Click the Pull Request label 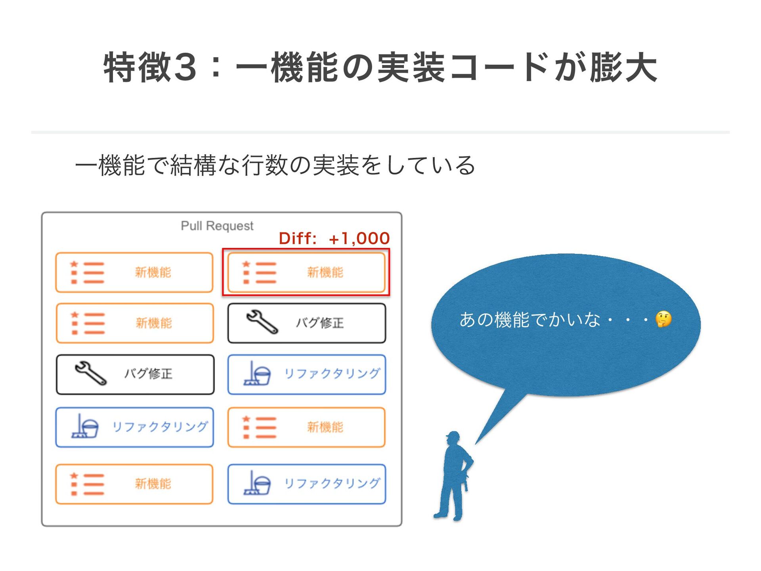coord(217,226)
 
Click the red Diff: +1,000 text coord(334,238)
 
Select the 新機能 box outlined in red coord(306,272)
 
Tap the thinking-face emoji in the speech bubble coord(663,319)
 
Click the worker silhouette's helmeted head coord(453,438)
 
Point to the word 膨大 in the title coord(623,67)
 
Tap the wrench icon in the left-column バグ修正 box coord(90,373)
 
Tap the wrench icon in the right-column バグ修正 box coord(262,322)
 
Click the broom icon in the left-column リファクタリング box coord(85,426)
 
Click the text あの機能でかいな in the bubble coord(530,320)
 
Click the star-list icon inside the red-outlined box coord(259,272)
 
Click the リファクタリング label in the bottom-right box coord(333,483)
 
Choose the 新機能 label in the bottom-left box coord(153,483)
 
